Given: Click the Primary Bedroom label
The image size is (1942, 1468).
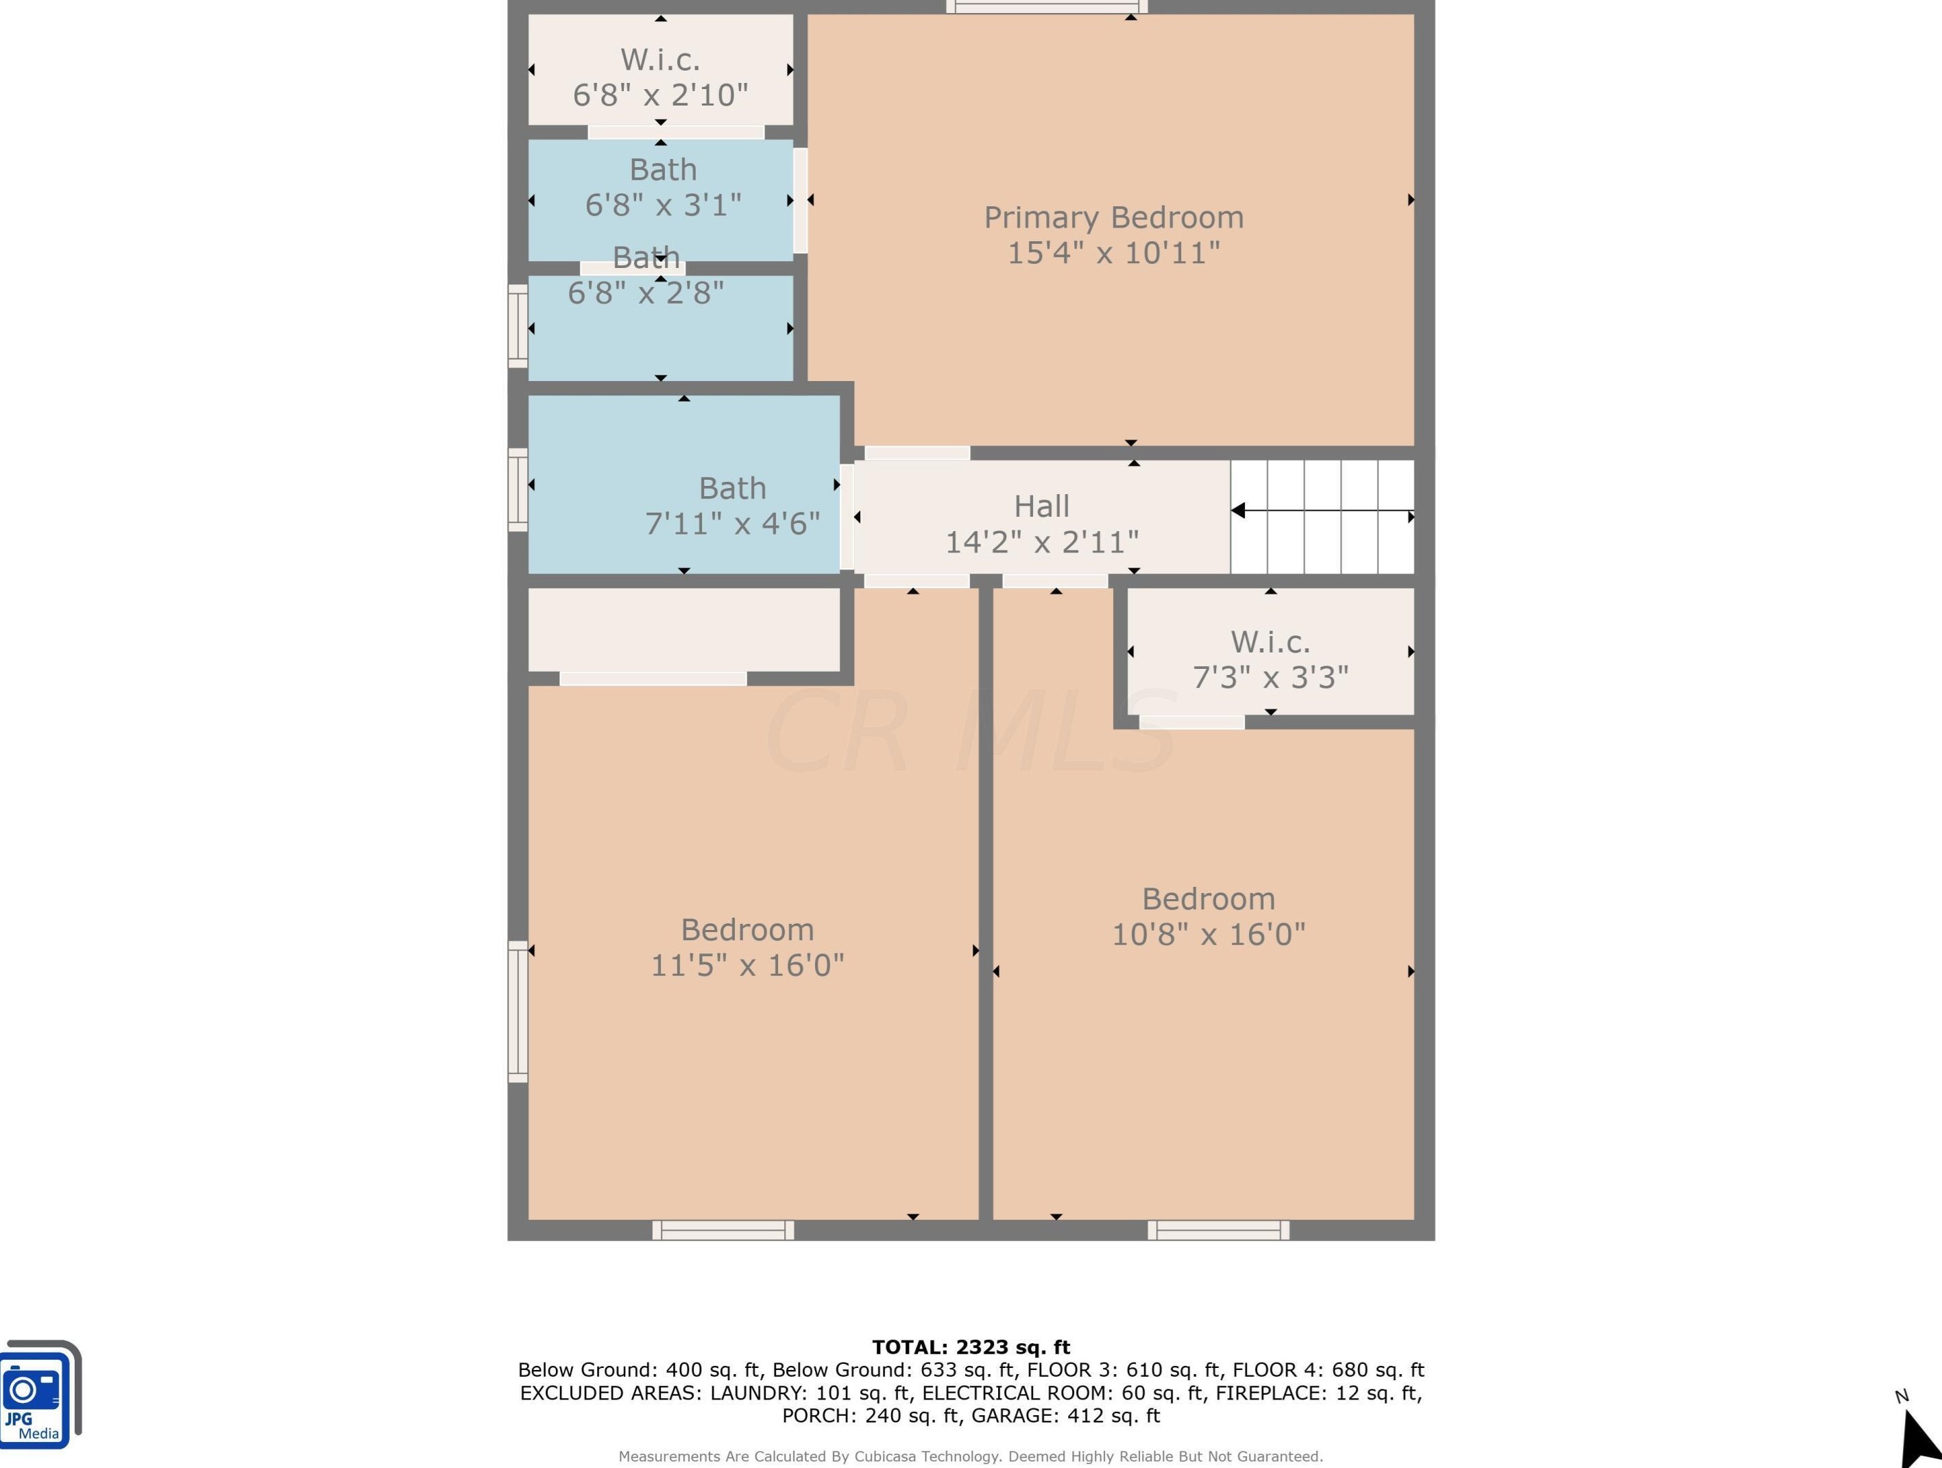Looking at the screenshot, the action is pos(1113,219).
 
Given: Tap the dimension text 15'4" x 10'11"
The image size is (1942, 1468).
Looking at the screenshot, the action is pos(1113,253).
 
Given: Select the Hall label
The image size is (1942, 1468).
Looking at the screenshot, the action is pos(1041,506).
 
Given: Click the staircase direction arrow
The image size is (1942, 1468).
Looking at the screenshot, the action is pos(1322,510).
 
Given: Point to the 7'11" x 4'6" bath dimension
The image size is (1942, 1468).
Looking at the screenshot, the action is pos(732,524).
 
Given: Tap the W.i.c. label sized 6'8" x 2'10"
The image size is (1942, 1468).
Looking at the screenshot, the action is pos(660,60).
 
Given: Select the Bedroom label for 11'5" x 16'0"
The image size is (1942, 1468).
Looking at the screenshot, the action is pos(747,930).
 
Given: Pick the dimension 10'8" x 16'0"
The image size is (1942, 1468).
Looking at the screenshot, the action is pos(1209,934).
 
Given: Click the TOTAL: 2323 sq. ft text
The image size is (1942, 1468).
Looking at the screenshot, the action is pos(971,1347).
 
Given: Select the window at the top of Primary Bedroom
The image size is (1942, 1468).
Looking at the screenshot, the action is pos(1047,7).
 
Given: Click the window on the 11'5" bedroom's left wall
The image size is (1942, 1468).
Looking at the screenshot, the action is pos(518,1012).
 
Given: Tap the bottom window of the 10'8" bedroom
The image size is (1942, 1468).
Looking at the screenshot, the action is pos(1219,1230).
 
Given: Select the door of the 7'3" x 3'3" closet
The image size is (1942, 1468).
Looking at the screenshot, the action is pos(1191,722).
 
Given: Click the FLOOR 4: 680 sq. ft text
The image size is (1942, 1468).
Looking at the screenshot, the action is pos(1328,1370).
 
